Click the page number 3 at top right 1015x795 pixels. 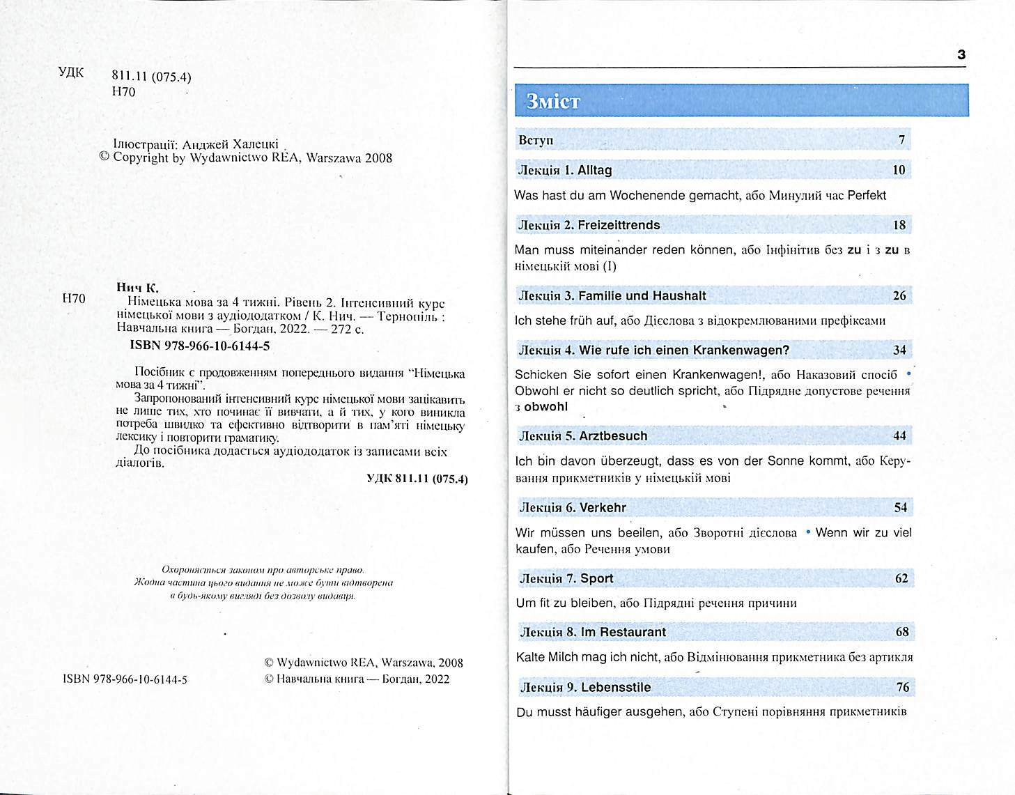click(961, 54)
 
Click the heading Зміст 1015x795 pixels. click(553, 102)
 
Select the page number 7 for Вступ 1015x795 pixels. click(901, 140)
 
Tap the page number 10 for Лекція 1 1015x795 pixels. click(899, 170)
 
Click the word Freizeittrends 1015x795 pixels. click(619, 225)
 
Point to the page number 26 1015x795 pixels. click(899, 295)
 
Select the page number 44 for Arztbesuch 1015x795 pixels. click(899, 436)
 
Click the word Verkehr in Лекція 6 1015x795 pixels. click(603, 508)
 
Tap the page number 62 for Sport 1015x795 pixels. click(901, 578)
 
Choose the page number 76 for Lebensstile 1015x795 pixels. click(902, 687)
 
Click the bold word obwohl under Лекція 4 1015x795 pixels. click(545, 407)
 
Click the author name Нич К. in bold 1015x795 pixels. click(137, 287)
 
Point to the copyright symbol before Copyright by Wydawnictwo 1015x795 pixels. click(104, 157)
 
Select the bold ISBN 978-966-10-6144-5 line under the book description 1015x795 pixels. click(200, 346)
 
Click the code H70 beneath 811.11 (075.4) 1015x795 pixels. click(123, 92)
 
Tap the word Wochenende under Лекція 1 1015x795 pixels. click(647, 196)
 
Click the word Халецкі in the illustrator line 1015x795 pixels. click(255, 144)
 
